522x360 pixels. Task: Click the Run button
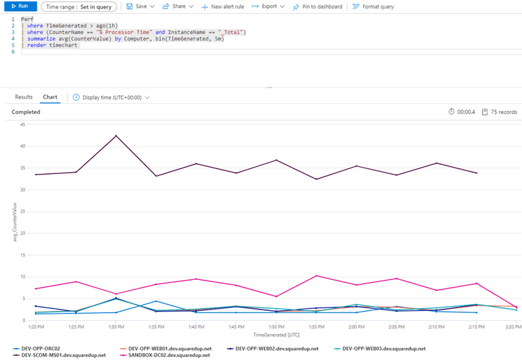pyautogui.click(x=19, y=6)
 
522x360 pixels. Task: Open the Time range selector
pyautogui.click(x=78, y=6)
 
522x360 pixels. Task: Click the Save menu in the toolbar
pyautogui.click(x=140, y=6)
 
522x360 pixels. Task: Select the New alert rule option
pyautogui.click(x=222, y=6)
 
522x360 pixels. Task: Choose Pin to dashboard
pyautogui.click(x=318, y=6)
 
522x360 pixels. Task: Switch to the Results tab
pyautogui.click(x=23, y=97)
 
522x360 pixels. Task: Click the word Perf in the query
pyautogui.click(x=26, y=19)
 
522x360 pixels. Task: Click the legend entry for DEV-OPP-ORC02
pyautogui.click(x=39, y=348)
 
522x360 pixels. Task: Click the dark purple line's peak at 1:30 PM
pyautogui.click(x=116, y=136)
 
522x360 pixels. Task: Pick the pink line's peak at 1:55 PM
pyautogui.click(x=316, y=276)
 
